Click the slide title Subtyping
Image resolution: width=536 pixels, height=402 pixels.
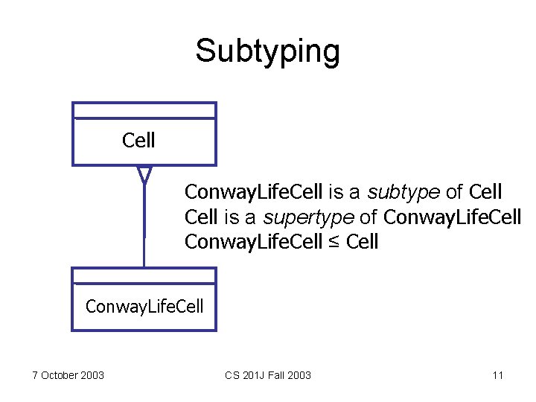tap(267, 51)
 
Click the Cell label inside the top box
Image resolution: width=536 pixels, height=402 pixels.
tap(138, 140)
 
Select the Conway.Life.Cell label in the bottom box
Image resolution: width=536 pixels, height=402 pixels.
tap(144, 306)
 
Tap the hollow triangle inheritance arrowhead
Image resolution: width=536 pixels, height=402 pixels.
tap(144, 175)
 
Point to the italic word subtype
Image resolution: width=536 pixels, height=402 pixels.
tap(403, 193)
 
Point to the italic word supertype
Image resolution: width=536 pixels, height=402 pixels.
tap(301, 217)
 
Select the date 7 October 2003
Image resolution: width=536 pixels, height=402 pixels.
tap(68, 375)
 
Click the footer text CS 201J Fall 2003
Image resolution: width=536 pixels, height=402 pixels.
tap(267, 375)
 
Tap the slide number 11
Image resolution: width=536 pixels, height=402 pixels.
tap(498, 375)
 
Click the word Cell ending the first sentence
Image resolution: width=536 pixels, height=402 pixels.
tap(485, 192)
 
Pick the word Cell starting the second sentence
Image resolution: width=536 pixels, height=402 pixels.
tap(200, 217)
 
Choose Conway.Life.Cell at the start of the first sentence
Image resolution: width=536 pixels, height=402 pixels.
tap(253, 192)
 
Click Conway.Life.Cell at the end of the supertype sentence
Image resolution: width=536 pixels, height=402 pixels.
tap(452, 217)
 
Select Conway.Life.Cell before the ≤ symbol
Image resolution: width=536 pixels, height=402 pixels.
tap(253, 242)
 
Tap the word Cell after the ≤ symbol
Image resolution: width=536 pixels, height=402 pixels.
tap(363, 242)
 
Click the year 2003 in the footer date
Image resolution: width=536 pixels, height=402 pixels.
tap(92, 375)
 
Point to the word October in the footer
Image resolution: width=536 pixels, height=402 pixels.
tap(60, 375)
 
